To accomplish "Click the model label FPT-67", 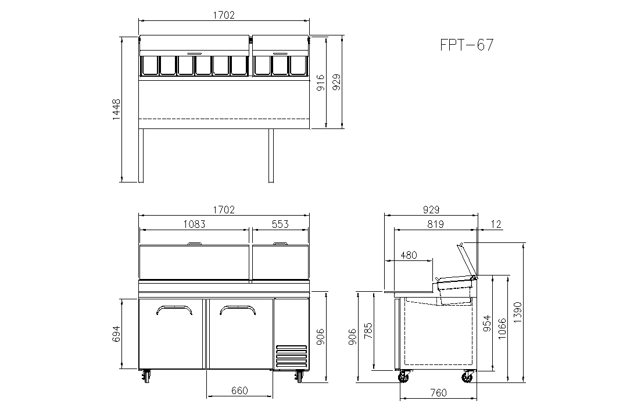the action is [x=467, y=45].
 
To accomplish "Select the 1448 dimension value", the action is [x=116, y=109].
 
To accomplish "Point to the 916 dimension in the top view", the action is [x=321, y=83].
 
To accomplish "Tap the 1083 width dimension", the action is [x=194, y=224].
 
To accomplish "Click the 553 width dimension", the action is [x=280, y=224].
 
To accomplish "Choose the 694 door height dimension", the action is [x=116, y=334].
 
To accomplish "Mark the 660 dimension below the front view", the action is [x=239, y=391].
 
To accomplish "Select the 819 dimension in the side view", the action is [x=435, y=224].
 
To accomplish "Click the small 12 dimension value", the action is [x=496, y=224].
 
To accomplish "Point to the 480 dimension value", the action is [x=409, y=255].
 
